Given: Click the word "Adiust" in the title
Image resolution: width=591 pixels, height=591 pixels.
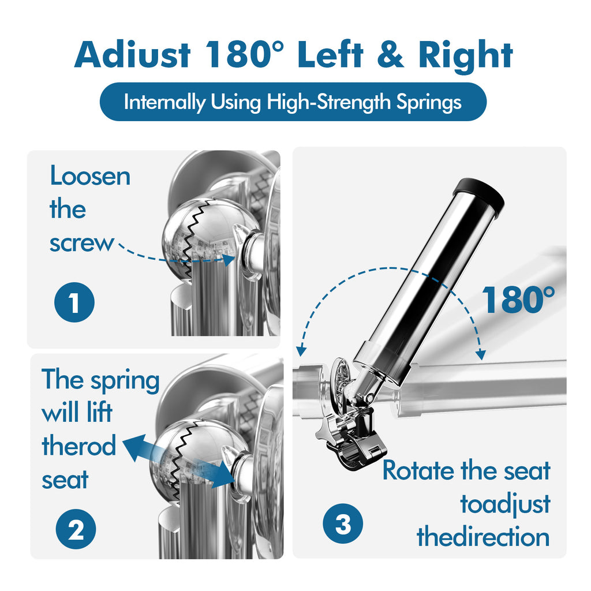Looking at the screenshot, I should point(132,55).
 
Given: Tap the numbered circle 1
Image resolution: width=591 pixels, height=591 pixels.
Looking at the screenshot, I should point(74,302).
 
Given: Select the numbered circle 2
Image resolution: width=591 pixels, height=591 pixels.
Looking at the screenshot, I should point(76,529).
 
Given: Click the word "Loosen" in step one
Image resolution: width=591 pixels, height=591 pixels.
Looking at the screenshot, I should point(90,176).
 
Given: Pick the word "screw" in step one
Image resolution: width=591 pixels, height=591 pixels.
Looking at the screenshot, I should point(81,243).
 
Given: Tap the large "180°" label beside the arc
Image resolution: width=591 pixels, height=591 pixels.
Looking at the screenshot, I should point(518,300).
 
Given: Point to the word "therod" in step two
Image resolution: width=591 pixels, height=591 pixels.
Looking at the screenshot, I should point(78,447).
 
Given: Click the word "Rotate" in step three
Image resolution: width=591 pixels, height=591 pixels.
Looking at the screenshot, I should point(418,470).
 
